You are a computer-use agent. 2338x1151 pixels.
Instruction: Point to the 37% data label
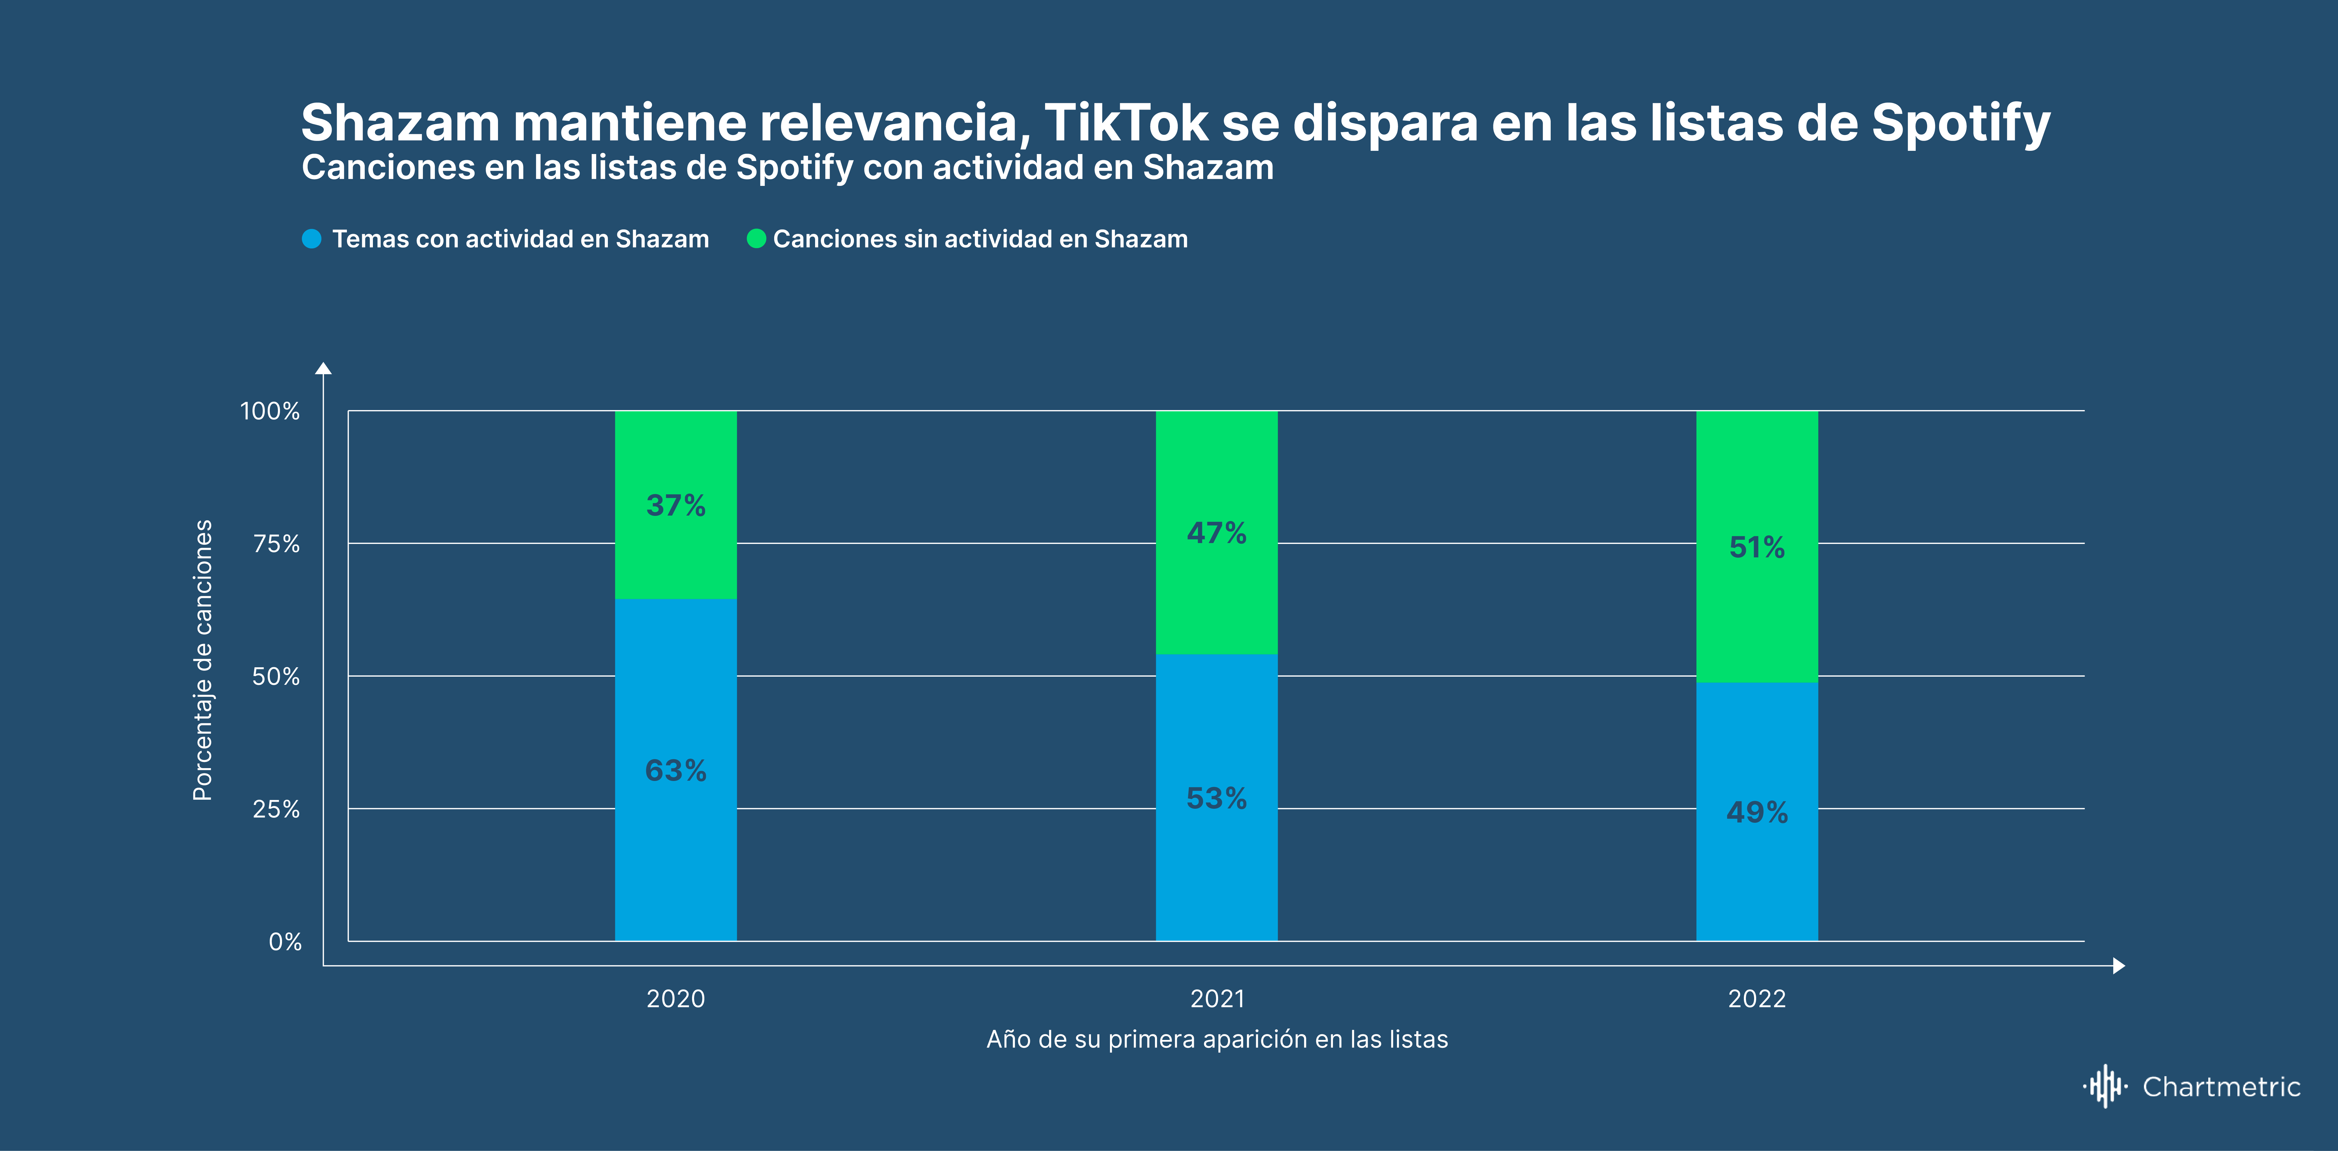click(x=675, y=506)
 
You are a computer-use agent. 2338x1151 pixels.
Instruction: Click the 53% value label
click(x=1216, y=799)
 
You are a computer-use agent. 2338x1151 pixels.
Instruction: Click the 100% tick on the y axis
click(x=269, y=411)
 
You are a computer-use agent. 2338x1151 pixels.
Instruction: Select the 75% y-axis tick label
click(x=276, y=544)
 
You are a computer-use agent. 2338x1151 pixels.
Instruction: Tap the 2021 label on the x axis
click(x=1217, y=999)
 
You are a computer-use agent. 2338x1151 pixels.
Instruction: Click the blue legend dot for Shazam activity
click(x=311, y=239)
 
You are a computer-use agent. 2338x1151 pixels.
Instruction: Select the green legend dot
click(x=756, y=239)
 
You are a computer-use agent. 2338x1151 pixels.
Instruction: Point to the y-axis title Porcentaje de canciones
click(x=203, y=660)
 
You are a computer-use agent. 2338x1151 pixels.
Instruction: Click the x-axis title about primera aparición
click(x=1217, y=1039)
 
